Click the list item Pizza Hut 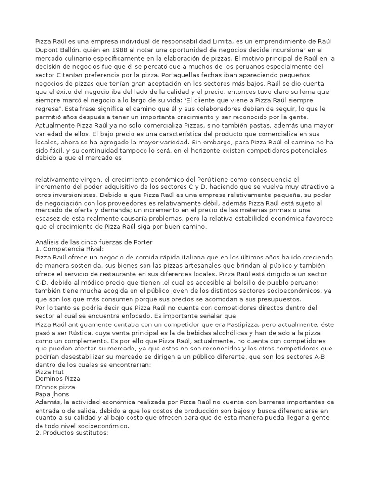(x=50, y=372)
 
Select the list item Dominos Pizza (x=56, y=379)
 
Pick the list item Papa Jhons (x=52, y=394)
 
